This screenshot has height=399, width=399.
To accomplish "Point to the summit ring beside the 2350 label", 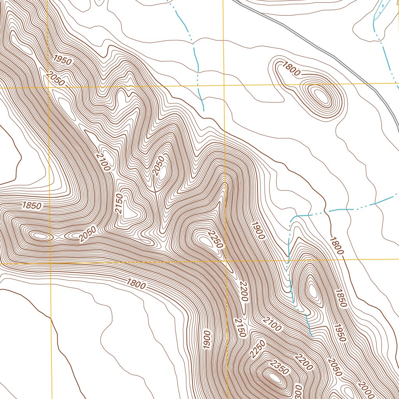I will pyautogui.click(x=274, y=377).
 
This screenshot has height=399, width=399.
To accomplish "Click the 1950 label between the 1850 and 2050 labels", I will pyautogui.click(x=340, y=332).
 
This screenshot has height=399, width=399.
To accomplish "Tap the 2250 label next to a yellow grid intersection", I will pyautogui.click(x=215, y=240).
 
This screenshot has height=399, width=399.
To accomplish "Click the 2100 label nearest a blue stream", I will pyautogui.click(x=272, y=324).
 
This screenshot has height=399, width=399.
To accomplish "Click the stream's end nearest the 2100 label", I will pyautogui.click(x=311, y=335).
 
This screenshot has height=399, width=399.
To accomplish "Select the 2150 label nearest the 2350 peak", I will pyautogui.click(x=240, y=327).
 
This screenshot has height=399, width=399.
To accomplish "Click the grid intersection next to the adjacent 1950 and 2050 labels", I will pyautogui.click(x=49, y=88).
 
